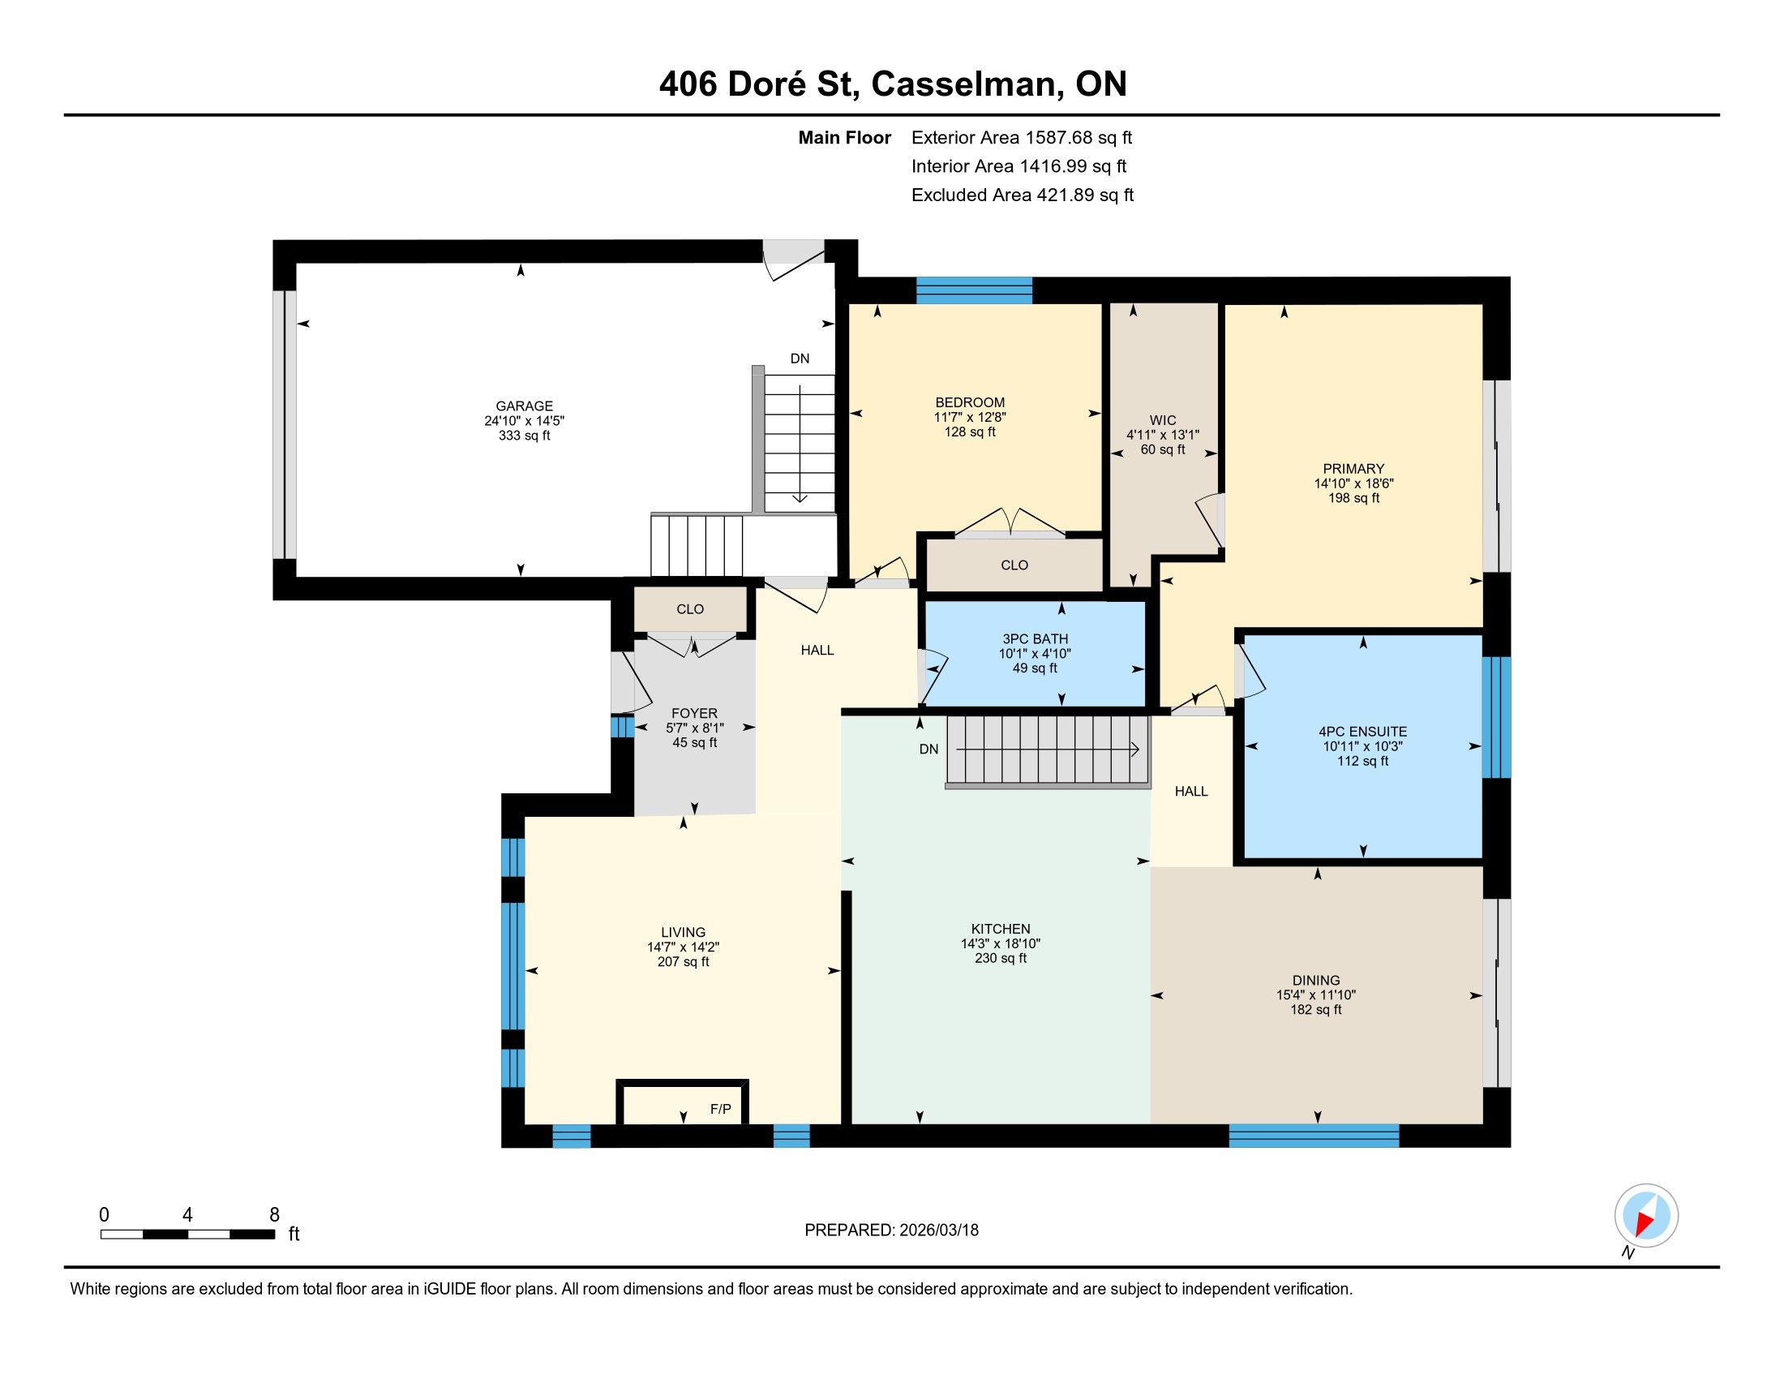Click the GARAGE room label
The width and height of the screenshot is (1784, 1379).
coord(525,406)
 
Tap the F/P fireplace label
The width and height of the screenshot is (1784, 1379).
coord(720,1110)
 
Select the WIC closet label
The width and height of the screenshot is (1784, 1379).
coord(1162,421)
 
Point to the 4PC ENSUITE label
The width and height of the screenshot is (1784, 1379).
coord(1362,732)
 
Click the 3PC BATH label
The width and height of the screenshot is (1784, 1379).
coord(1035,639)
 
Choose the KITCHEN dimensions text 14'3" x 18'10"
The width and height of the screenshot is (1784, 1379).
coord(1001,943)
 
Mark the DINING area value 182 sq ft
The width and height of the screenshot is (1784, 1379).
coord(1316,1010)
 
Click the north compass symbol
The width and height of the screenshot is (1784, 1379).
coord(1646,1215)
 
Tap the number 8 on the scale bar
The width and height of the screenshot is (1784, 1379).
coord(274,1214)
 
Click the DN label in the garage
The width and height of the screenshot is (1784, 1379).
coord(800,359)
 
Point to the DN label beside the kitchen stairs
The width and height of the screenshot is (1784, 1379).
coord(928,750)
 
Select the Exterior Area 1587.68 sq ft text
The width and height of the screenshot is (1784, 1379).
coord(1022,137)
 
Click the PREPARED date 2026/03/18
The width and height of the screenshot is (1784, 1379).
coord(938,1231)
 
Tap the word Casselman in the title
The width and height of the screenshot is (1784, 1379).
coord(967,84)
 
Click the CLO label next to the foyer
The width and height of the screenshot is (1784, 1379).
coord(690,609)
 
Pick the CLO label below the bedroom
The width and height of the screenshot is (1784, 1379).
coord(1014,565)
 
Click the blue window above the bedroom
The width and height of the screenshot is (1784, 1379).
coord(974,291)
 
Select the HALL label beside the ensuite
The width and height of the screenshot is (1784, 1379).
coord(1191,791)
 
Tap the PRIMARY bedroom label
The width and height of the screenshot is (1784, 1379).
coord(1353,469)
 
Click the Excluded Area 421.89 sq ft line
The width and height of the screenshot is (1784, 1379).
coord(1023,195)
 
